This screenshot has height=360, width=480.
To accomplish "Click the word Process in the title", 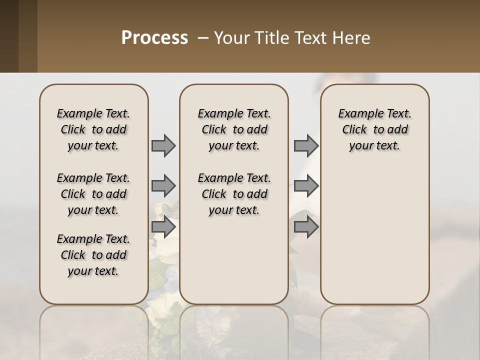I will pyautogui.click(x=154, y=38).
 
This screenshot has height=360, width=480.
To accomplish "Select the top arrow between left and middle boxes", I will pyautogui.click(x=163, y=145).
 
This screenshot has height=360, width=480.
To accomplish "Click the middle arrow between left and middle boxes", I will pyautogui.click(x=163, y=186).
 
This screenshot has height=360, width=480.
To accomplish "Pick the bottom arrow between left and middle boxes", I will pyautogui.click(x=163, y=227).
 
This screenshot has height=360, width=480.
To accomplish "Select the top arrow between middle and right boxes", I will pyautogui.click(x=306, y=145).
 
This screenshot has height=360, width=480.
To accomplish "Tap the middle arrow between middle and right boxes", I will pyautogui.click(x=306, y=186).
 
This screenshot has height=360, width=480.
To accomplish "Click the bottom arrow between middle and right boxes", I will pyautogui.click(x=306, y=227).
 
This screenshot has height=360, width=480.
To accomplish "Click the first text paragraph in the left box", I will pyautogui.click(x=93, y=129).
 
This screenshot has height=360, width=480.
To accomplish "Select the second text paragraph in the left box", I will pyautogui.click(x=93, y=194).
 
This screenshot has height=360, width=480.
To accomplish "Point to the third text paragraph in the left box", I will pyautogui.click(x=93, y=255).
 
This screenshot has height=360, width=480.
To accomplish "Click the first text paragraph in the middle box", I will pyautogui.click(x=234, y=129).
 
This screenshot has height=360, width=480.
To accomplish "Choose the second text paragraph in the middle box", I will pyautogui.click(x=234, y=194).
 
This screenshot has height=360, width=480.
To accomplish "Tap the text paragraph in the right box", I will pyautogui.click(x=375, y=129).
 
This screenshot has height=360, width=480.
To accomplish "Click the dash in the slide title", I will pyautogui.click(x=203, y=38).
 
